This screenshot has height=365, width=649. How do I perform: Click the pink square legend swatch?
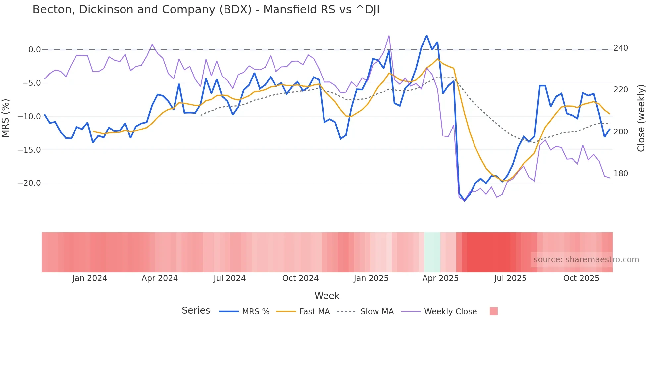[x=493, y=312]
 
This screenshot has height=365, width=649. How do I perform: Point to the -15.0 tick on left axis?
[x=29, y=150]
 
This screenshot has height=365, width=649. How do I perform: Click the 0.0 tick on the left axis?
[x=34, y=50]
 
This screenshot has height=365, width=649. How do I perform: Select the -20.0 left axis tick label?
[x=29, y=183]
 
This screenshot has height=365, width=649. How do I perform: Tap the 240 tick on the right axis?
[x=621, y=48]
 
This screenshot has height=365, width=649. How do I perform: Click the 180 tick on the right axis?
[x=621, y=174]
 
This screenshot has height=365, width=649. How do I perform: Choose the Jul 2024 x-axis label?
[x=229, y=278]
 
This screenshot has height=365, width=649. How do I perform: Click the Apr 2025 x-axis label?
[x=440, y=278]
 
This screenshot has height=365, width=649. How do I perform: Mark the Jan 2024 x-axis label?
[x=89, y=278]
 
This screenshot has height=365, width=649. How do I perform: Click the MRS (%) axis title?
[x=6, y=118]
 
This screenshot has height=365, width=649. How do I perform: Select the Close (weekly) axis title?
[x=641, y=118]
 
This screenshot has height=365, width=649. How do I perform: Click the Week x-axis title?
[x=327, y=296]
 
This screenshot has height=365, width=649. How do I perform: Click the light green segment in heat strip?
[x=432, y=252]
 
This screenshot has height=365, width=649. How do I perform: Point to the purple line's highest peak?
[x=389, y=36]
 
